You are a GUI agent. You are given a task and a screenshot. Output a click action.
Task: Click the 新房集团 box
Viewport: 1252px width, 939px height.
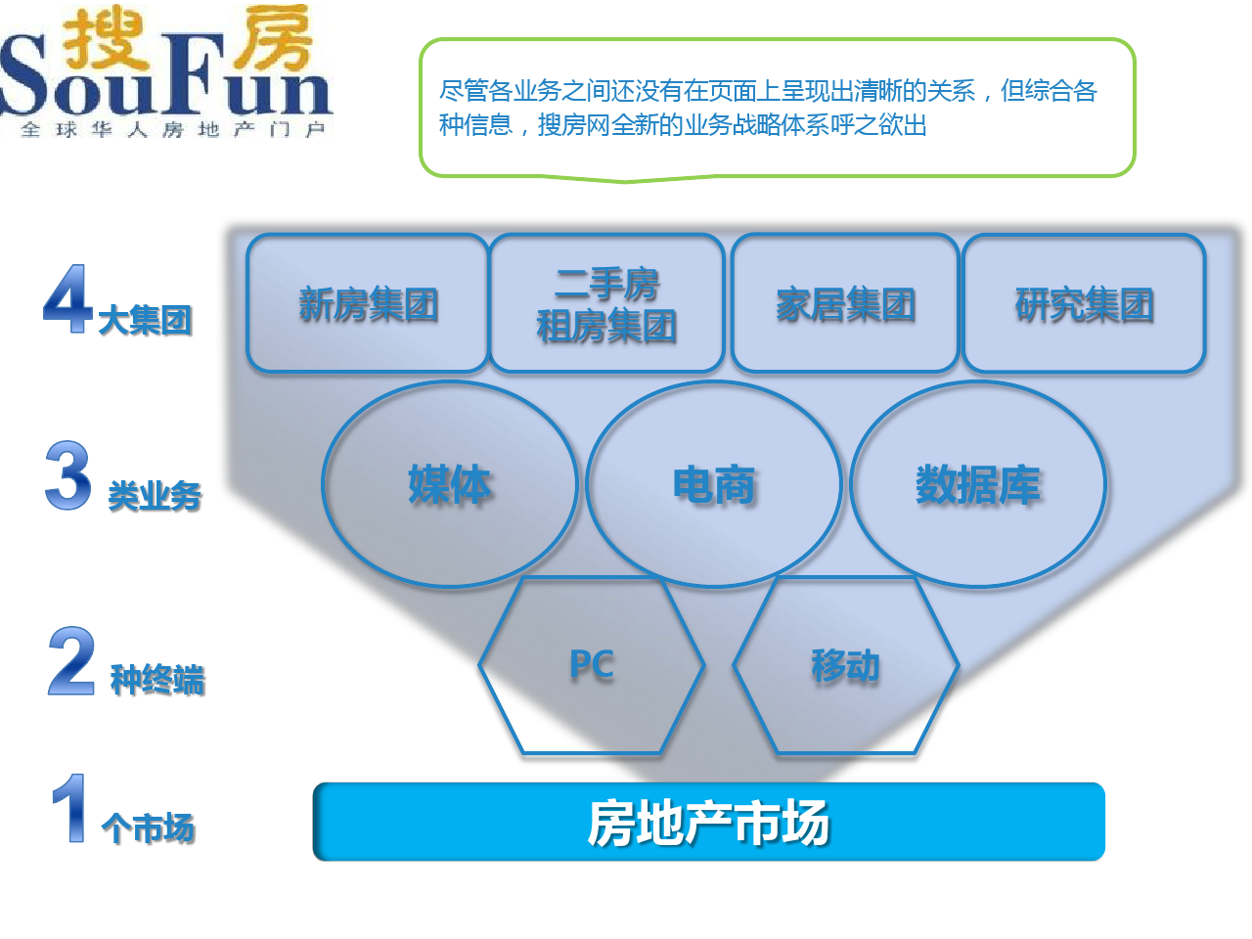pos(368,303)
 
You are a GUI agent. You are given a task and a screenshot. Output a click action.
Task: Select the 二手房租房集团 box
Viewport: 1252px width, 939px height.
pos(606,303)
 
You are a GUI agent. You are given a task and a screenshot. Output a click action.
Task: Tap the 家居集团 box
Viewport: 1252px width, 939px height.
pos(845,303)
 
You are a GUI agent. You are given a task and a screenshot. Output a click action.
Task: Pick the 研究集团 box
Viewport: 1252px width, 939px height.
pos(1084,303)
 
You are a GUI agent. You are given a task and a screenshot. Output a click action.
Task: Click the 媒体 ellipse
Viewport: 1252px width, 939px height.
pos(450,484)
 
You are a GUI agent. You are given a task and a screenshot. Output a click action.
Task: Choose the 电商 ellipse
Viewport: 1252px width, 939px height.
pos(714,484)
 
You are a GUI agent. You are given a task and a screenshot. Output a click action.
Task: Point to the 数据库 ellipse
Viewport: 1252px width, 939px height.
pos(978,484)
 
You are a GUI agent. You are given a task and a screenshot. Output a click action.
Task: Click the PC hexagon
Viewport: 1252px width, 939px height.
pos(592,665)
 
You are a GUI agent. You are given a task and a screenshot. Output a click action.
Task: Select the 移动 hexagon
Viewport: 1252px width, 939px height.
pos(846,665)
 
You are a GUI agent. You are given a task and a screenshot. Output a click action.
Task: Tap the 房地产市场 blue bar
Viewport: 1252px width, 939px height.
pos(709,822)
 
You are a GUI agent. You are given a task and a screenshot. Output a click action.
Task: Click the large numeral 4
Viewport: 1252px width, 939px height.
pos(67,298)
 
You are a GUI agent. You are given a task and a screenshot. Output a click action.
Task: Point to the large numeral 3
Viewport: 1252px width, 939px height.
pos(68,474)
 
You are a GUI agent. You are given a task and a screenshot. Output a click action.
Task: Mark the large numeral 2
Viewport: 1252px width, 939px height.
pos(71,660)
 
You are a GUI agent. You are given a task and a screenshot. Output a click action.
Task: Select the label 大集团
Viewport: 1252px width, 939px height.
pos(145,320)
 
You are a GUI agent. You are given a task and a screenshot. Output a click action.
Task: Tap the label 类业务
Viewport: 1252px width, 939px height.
pos(155,496)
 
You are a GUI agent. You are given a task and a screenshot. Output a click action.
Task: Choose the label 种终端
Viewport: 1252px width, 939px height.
pos(157,680)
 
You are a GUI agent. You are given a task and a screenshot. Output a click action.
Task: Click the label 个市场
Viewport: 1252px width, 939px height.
pos(149,827)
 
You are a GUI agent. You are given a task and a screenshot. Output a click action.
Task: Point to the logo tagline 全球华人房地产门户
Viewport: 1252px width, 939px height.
pos(173,129)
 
